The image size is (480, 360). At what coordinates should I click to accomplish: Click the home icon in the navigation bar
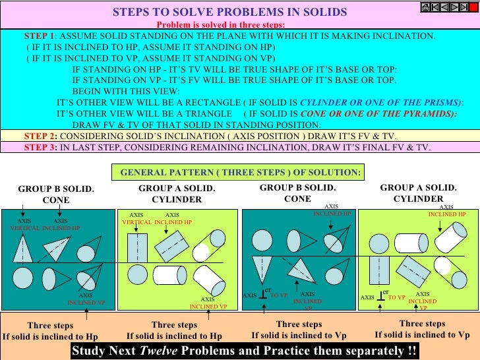425,7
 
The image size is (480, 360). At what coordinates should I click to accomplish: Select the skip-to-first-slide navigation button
435,7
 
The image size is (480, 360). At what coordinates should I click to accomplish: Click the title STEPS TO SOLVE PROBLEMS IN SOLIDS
229,13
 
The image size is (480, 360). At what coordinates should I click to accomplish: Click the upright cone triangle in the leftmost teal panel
22,249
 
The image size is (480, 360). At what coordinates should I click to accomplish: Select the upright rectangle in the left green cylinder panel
137,248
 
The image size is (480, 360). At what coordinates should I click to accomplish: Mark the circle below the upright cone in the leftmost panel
23,277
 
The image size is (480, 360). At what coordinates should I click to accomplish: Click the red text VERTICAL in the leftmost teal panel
25,227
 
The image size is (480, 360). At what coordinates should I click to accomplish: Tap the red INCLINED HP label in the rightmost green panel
446,214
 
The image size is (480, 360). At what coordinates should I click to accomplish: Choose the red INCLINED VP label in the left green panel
208,307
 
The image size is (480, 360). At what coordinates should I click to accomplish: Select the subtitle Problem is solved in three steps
221,24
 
